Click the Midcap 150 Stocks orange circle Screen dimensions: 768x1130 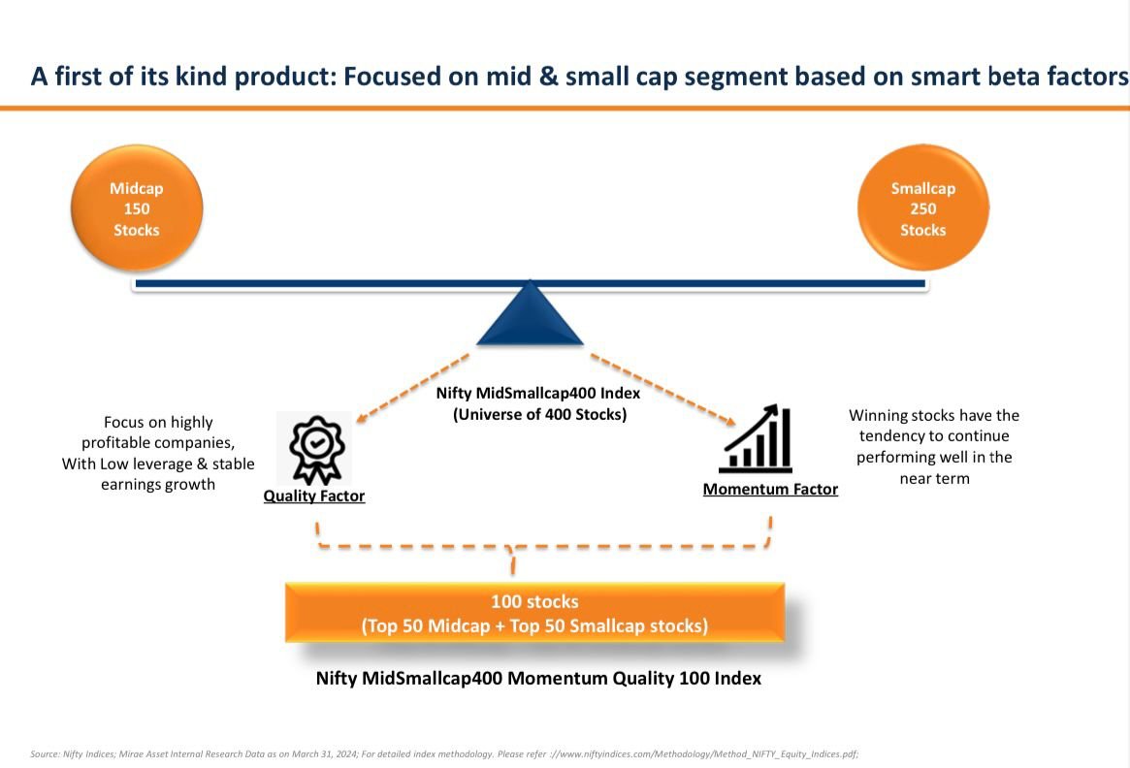coord(136,209)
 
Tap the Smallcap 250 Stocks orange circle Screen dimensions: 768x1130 coord(922,209)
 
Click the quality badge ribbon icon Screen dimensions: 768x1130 coord(315,448)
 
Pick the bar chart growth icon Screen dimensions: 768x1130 coord(756,440)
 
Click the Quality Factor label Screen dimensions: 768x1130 coord(314,496)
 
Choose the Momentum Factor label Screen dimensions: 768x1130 coord(770,490)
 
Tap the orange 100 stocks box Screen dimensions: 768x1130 coord(534,614)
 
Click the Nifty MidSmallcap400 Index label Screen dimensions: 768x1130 coord(538,394)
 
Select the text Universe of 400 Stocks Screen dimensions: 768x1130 coord(540,415)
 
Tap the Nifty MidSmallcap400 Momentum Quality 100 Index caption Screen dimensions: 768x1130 coord(538,679)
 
